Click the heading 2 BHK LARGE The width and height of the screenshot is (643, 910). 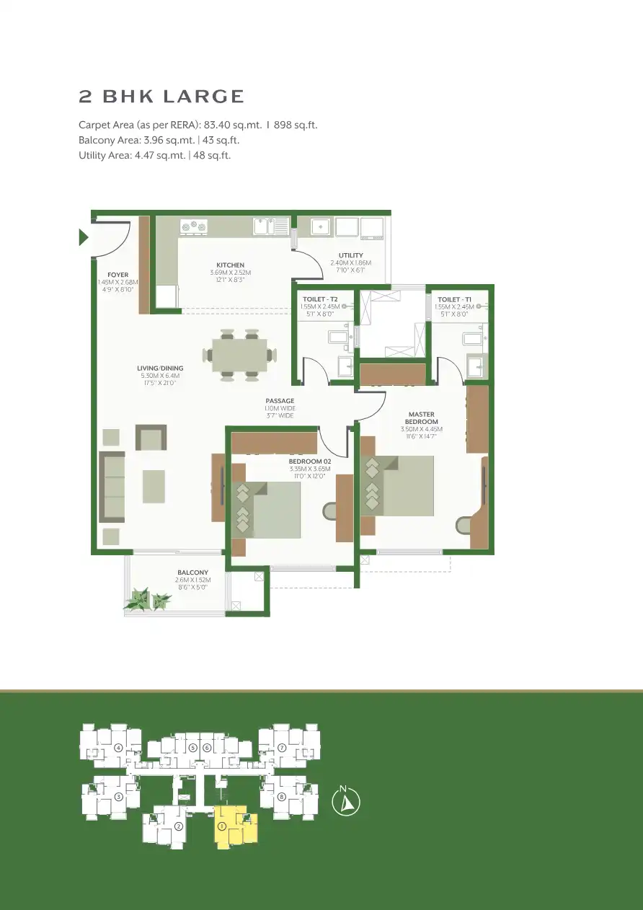tap(161, 97)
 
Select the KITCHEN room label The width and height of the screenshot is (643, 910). tap(230, 265)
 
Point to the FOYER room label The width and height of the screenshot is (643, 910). tap(117, 275)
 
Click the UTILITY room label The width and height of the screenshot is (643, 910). tap(350, 255)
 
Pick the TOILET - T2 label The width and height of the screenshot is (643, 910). tap(320, 299)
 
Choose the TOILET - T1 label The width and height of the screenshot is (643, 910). tap(454, 299)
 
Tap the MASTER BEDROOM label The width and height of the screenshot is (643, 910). tap(420, 418)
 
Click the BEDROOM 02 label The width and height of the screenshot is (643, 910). tap(309, 461)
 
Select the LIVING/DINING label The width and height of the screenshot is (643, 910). tap(160, 368)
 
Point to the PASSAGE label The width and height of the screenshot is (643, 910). tap(280, 400)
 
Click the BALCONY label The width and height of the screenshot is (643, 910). tap(192, 573)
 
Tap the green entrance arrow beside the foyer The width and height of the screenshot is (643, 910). tap(84, 237)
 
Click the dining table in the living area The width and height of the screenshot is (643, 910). tap(239, 354)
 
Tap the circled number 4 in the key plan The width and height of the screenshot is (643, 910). tap(118, 747)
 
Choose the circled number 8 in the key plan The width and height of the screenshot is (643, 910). tap(282, 796)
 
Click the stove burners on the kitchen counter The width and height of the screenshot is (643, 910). tap(193, 226)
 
